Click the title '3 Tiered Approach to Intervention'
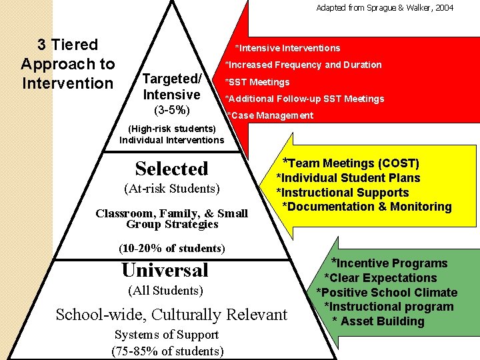68,64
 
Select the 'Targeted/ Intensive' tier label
172,87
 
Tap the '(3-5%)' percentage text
171,109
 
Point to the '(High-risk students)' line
172,128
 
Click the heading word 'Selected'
172,169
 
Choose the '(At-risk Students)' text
172,189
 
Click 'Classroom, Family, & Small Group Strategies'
172,219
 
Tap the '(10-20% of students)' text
172,248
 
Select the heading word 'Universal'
165,270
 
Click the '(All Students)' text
165,290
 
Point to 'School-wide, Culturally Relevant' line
172,315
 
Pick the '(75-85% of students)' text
167,351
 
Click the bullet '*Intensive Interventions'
287,48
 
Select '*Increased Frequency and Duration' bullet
303,65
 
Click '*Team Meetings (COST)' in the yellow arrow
351,163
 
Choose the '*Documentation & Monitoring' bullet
367,207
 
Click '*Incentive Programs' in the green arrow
389,263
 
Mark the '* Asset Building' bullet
378,321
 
